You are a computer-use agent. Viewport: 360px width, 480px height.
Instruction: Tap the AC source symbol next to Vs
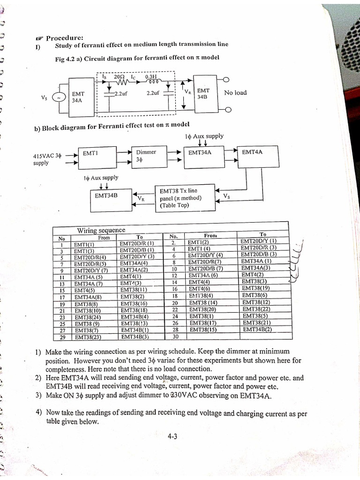coord(59,97)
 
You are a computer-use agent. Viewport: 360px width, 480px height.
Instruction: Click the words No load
coord(235,93)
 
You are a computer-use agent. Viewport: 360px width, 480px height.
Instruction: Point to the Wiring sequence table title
coord(101,230)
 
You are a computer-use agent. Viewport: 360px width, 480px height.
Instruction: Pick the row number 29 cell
coord(61,337)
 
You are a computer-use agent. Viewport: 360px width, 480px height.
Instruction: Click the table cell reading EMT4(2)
coord(253,274)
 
